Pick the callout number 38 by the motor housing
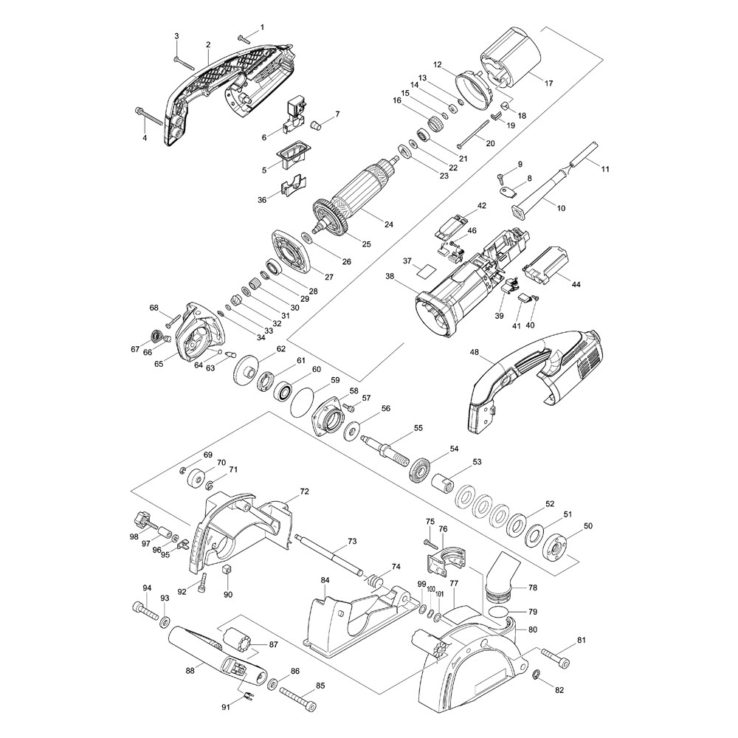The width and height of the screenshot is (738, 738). pos(389,276)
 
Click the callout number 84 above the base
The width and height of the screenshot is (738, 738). pos(325,581)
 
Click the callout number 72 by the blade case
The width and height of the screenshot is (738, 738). pos(304,491)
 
